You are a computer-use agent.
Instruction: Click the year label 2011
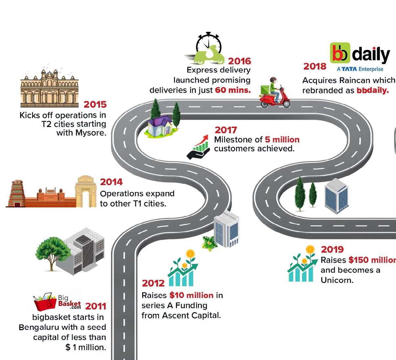(96, 307)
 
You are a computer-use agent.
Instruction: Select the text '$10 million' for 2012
(191, 295)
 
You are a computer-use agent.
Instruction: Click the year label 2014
(111, 182)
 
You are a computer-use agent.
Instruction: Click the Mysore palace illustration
(49, 88)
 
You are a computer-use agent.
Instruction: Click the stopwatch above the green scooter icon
(209, 43)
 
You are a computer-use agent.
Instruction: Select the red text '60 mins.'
(233, 90)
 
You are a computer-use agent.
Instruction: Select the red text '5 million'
(282, 139)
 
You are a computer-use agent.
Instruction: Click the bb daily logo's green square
(340, 53)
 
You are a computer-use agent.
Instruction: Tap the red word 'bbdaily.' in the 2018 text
(372, 90)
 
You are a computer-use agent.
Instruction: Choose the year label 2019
(332, 249)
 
